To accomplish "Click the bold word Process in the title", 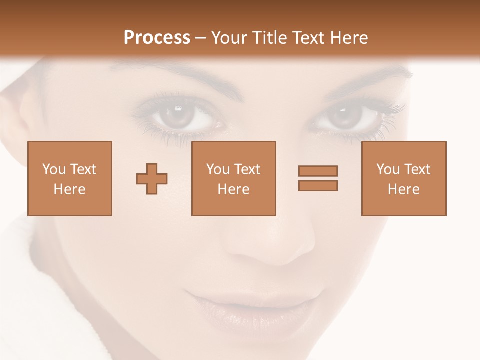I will coord(157,38).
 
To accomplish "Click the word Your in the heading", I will coord(229,38).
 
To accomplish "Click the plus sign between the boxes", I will coord(152,178).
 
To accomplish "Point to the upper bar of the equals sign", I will coord(318,171).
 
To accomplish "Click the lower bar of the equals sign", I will coord(318,185).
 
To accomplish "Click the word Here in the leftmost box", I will coord(70,189).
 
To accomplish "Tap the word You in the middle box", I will coord(217,169).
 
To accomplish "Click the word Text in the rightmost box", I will coord(417,169).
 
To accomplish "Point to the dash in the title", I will coord(200,38).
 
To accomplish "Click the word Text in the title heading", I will coord(307,38).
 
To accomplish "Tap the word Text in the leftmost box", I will coord(83,169).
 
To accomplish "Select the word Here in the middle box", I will coord(234,189).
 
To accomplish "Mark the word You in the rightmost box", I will coord(387,169).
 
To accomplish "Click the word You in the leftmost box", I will coord(53,169).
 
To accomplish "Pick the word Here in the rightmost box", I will coord(404,189).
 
